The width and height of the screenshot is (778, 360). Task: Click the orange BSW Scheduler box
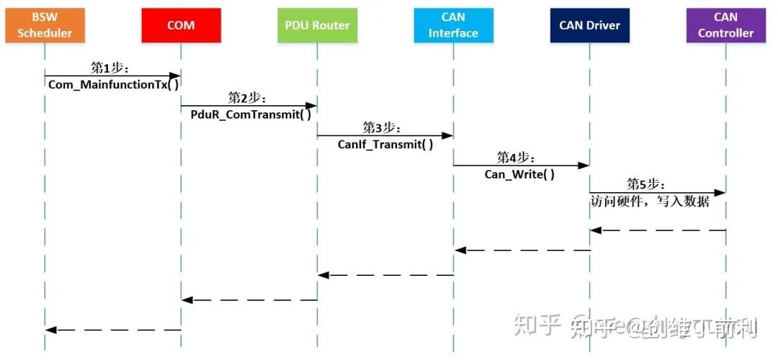(x=45, y=25)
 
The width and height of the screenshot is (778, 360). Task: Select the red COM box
(x=181, y=25)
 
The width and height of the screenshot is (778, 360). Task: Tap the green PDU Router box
(x=317, y=25)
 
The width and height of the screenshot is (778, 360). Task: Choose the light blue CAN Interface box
(x=453, y=25)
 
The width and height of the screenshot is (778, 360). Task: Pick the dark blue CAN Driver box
(x=589, y=25)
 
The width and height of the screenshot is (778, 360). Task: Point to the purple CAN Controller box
(x=725, y=25)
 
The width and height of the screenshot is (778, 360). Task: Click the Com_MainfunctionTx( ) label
(x=113, y=84)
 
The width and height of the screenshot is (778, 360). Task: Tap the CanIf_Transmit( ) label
(x=385, y=144)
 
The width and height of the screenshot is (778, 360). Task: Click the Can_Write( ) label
(x=519, y=174)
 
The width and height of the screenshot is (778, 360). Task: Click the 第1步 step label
(x=109, y=67)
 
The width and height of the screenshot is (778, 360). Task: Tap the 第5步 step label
(x=646, y=184)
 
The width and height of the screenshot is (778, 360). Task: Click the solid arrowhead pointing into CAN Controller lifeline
(x=720, y=192)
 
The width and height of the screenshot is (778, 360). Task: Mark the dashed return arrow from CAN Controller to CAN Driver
(x=657, y=230)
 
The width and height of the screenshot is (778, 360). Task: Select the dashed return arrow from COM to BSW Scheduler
(x=113, y=330)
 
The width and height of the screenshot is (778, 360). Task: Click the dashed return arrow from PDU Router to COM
(x=249, y=300)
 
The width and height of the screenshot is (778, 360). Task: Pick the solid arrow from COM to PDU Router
(x=249, y=106)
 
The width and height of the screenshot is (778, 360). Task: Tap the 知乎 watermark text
(x=536, y=328)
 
